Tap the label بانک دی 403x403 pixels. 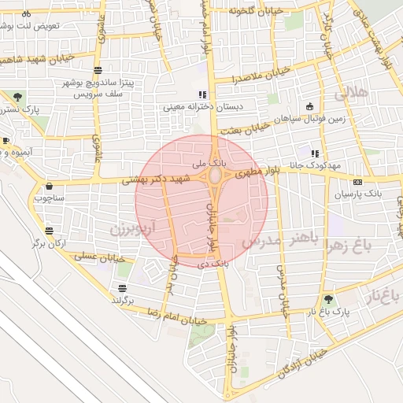tap(214, 264)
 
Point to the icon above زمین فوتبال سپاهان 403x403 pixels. tap(310, 107)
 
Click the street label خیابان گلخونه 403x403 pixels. tap(255, 11)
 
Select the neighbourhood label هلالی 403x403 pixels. tap(351, 94)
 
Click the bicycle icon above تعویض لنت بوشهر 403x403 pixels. tap(27, 13)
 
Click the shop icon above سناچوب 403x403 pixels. tap(50, 187)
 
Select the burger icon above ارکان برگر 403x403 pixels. tap(50, 231)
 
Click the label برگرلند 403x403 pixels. tap(123, 301)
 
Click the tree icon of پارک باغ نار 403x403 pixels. tap(328, 299)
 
